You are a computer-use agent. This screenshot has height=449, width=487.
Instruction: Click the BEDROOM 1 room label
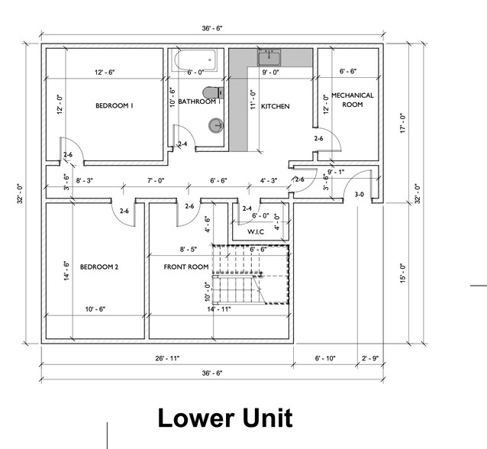tap(114, 105)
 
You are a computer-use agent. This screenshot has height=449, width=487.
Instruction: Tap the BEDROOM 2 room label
tap(99, 267)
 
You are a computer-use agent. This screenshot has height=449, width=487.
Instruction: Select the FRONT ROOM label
tap(186, 267)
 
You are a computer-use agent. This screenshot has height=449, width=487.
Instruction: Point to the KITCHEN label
tap(276, 106)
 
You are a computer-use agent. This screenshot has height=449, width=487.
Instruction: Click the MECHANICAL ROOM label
tap(353, 100)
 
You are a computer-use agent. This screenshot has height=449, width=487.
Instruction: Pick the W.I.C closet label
tap(256, 232)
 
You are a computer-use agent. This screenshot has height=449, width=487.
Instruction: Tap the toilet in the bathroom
tap(214, 92)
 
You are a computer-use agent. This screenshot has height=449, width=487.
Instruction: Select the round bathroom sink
tap(216, 126)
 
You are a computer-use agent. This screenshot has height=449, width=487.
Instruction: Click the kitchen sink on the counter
tap(269, 57)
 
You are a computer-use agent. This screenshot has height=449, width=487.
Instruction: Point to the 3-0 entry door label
tap(359, 195)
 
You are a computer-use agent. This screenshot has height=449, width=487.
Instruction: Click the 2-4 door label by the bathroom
tap(182, 144)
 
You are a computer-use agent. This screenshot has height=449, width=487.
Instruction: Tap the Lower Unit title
tap(225, 418)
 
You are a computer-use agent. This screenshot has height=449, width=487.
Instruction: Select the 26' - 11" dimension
tap(167, 358)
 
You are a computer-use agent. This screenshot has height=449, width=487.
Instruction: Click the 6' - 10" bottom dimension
tap(325, 358)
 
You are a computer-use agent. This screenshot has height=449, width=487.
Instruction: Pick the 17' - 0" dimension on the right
tap(403, 123)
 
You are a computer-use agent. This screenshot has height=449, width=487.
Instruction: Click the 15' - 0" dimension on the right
tap(403, 273)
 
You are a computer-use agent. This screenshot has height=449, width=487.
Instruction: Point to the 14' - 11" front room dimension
tap(219, 309)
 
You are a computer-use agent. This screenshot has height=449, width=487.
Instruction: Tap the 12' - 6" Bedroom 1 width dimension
tap(105, 73)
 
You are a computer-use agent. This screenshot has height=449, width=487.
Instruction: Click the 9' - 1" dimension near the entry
tap(336, 172)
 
